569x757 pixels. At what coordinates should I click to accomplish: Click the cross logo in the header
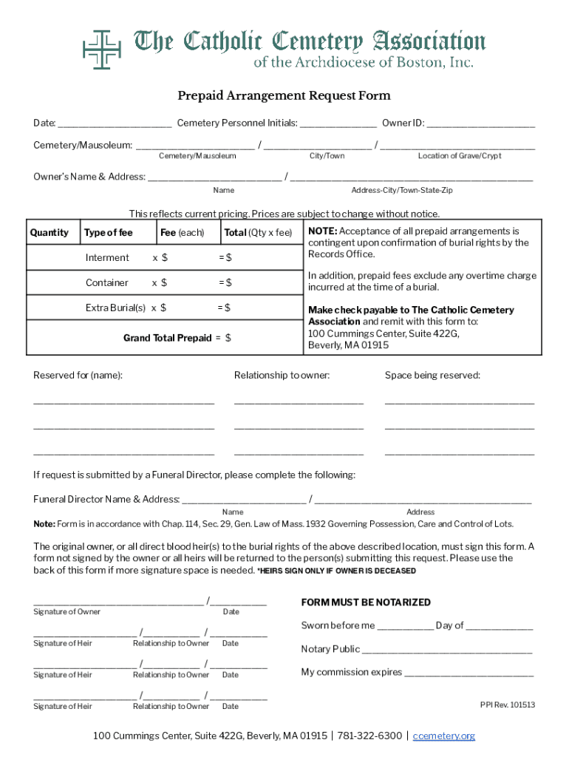(102, 50)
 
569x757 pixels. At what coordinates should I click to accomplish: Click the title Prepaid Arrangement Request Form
(284, 95)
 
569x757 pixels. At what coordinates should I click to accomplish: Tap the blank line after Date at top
(115, 123)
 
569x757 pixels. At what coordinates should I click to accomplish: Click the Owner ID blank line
(481, 123)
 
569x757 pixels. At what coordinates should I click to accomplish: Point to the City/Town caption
(327, 156)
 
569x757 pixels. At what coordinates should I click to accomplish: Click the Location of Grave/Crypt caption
(459, 156)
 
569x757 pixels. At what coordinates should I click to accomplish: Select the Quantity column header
(50, 233)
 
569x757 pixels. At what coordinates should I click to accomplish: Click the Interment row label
(107, 258)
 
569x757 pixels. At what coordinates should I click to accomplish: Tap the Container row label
(107, 283)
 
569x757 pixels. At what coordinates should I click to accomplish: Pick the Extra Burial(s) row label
(115, 308)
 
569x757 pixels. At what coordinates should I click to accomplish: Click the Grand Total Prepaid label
(167, 338)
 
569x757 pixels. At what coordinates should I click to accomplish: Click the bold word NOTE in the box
(322, 231)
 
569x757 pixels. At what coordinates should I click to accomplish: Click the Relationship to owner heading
(282, 376)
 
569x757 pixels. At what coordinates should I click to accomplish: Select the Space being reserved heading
(432, 376)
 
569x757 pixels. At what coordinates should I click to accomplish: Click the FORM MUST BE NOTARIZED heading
(366, 602)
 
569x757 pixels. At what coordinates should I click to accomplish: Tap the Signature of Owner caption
(67, 612)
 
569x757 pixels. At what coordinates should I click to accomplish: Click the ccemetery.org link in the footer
(443, 736)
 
